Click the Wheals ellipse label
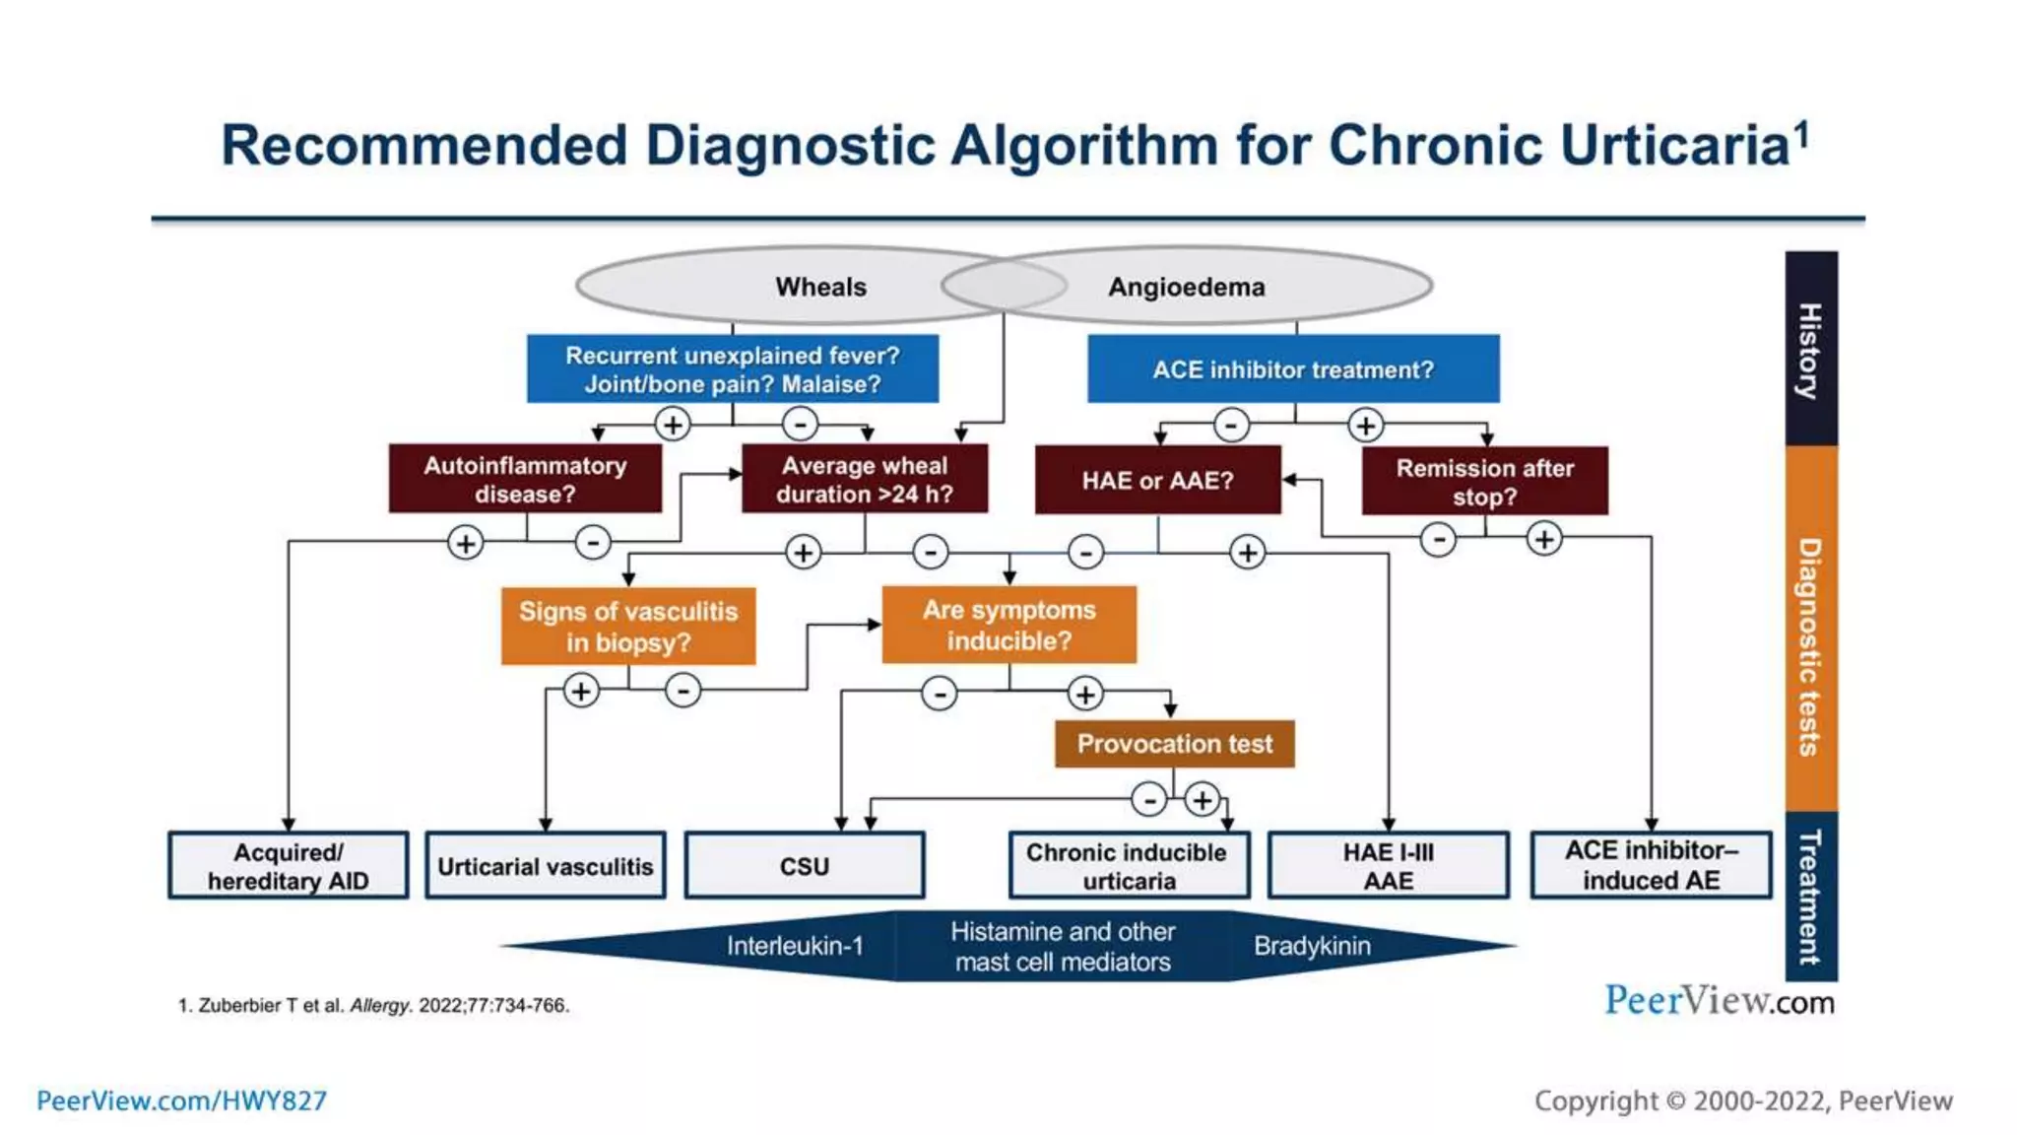pyautogui.click(x=820, y=287)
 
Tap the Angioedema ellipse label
pyautogui.click(x=1186, y=287)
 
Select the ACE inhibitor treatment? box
pyautogui.click(x=1292, y=369)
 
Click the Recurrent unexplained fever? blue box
pyautogui.click(x=732, y=369)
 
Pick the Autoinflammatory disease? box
pyautogui.click(x=525, y=479)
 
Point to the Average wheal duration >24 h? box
pyautogui.click(x=864, y=479)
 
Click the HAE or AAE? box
pyautogui.click(x=1157, y=480)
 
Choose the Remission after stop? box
pyautogui.click(x=1484, y=481)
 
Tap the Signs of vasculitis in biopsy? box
pyautogui.click(x=627, y=627)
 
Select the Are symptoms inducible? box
pyautogui.click(x=1008, y=625)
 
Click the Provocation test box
pyautogui.click(x=1174, y=744)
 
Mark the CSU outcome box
pyautogui.click(x=804, y=866)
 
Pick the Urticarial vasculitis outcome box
pyautogui.click(x=545, y=866)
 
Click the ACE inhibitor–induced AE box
pyautogui.click(x=1651, y=865)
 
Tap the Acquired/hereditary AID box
pyautogui.click(x=288, y=866)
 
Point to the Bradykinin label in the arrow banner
pyautogui.click(x=1312, y=946)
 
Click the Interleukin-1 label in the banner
pyautogui.click(x=795, y=946)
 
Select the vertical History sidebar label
pyautogui.click(x=1810, y=350)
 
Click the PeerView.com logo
pyautogui.click(x=1719, y=1001)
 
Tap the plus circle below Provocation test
pyautogui.click(x=1202, y=800)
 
